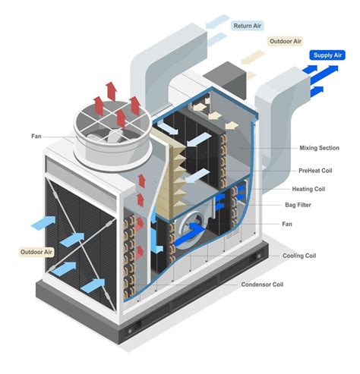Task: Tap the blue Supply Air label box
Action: pos(327,55)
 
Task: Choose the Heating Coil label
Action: pos(310,189)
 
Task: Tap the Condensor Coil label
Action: pos(263,284)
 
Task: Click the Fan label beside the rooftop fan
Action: pos(36,137)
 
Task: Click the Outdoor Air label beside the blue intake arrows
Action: pos(36,250)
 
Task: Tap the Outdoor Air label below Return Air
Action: pos(286,42)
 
